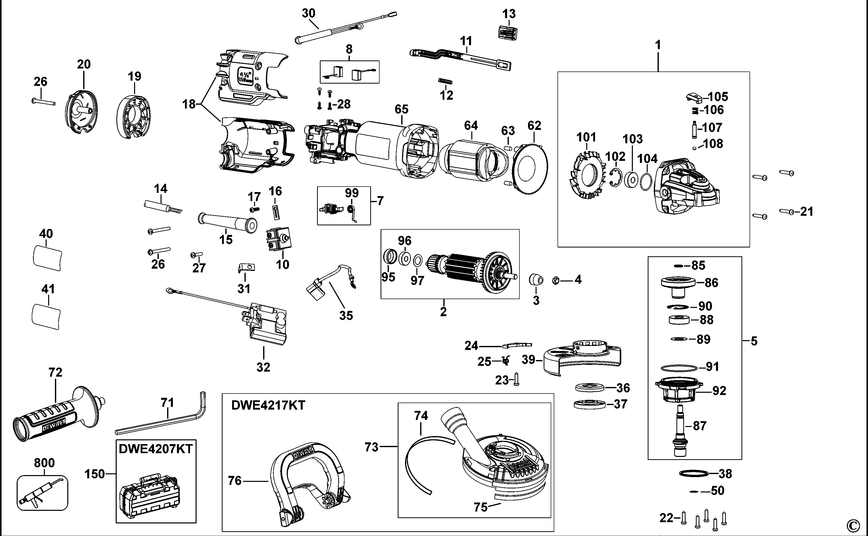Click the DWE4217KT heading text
coord(268,405)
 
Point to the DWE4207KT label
coord(156,449)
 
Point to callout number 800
coord(44,463)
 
